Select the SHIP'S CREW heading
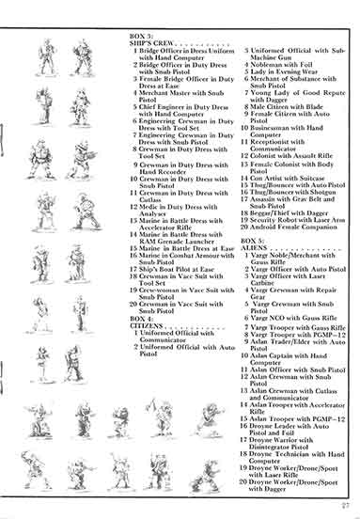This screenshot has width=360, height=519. coord(150,41)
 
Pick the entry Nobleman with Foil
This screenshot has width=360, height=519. coord(284,62)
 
